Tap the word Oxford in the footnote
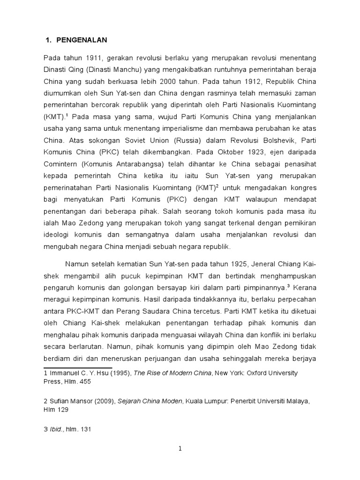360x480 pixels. point(254,373)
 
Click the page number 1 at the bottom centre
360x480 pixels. point(180,449)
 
